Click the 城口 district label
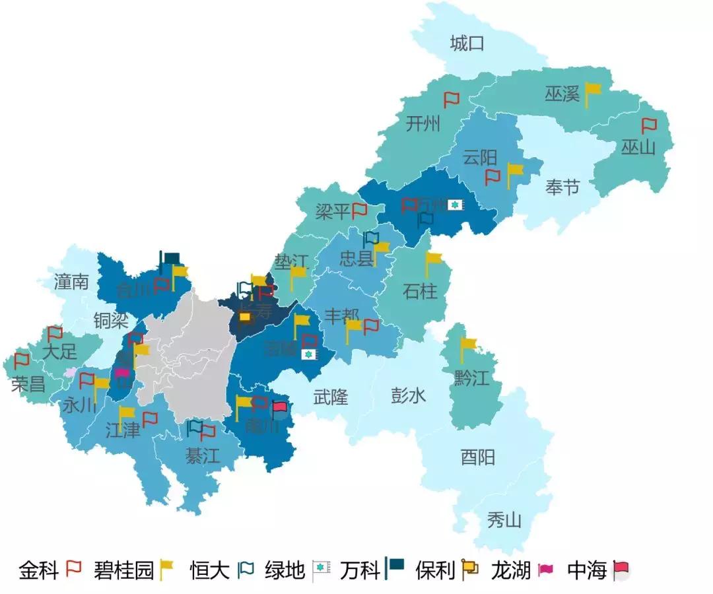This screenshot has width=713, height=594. (467, 44)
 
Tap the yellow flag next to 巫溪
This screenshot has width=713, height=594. (592, 92)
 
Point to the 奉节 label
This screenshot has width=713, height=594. (562, 187)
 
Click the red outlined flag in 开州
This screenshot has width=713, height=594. (451, 100)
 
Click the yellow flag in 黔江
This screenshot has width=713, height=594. (467, 345)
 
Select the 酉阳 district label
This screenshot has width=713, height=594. (477, 457)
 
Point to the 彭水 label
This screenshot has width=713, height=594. (408, 395)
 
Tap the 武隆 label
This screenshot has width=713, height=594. (330, 397)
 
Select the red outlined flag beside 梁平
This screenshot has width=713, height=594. (359, 211)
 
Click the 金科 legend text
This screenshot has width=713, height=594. (39, 570)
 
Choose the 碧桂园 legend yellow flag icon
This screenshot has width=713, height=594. (166, 568)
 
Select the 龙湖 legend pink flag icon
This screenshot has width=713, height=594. (545, 570)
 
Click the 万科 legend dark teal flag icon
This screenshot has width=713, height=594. (394, 568)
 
